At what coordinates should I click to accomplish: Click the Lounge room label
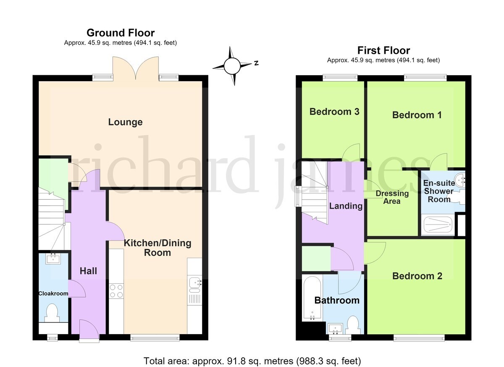(125, 122)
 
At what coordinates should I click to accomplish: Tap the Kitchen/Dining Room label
(157, 248)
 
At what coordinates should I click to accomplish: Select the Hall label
(89, 271)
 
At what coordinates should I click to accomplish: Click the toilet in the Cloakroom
(52, 313)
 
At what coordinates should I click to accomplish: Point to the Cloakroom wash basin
(53, 259)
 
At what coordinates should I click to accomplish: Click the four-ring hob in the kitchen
(116, 291)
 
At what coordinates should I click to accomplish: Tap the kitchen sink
(194, 283)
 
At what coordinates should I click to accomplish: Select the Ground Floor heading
(121, 33)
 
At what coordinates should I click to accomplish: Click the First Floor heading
(383, 50)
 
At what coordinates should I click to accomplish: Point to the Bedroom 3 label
(334, 112)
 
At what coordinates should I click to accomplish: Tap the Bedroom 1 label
(417, 115)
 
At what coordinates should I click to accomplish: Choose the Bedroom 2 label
(417, 276)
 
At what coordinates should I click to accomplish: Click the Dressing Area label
(392, 197)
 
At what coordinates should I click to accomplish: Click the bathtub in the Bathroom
(312, 298)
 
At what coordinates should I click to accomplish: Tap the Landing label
(346, 206)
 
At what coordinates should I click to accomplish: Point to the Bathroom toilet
(352, 325)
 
